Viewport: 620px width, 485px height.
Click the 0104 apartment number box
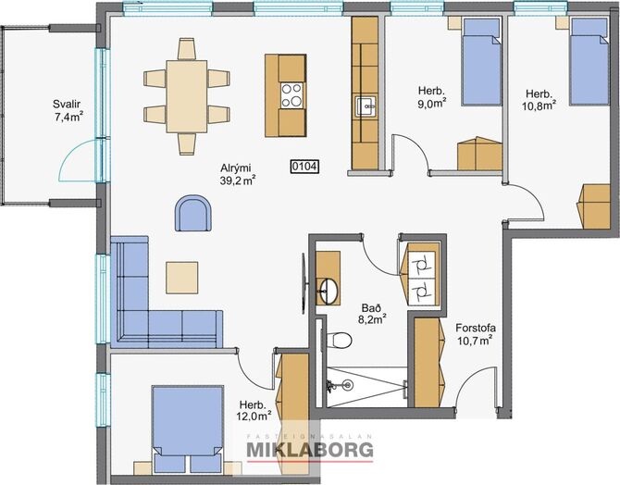(304, 167)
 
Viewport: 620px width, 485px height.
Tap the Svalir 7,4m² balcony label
(68, 111)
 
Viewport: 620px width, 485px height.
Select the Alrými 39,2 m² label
(237, 174)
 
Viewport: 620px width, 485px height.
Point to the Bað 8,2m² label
(372, 314)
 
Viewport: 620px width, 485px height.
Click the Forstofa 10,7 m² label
(476, 334)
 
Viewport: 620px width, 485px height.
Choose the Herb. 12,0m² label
(255, 410)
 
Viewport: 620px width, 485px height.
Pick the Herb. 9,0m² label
(432, 97)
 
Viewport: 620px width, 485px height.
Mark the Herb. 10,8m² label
(539, 100)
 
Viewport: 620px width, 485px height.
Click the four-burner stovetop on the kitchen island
(291, 95)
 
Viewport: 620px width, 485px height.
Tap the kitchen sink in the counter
(366, 106)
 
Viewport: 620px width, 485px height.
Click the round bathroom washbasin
(329, 292)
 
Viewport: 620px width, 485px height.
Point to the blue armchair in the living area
(193, 213)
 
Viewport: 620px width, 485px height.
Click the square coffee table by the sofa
(182, 278)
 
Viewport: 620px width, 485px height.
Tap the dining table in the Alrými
(187, 96)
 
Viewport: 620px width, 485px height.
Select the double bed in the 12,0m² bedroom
(188, 429)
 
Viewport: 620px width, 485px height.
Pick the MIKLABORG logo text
(310, 450)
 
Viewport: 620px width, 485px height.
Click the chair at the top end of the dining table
(187, 49)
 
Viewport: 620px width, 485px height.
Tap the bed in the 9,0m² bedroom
(482, 62)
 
